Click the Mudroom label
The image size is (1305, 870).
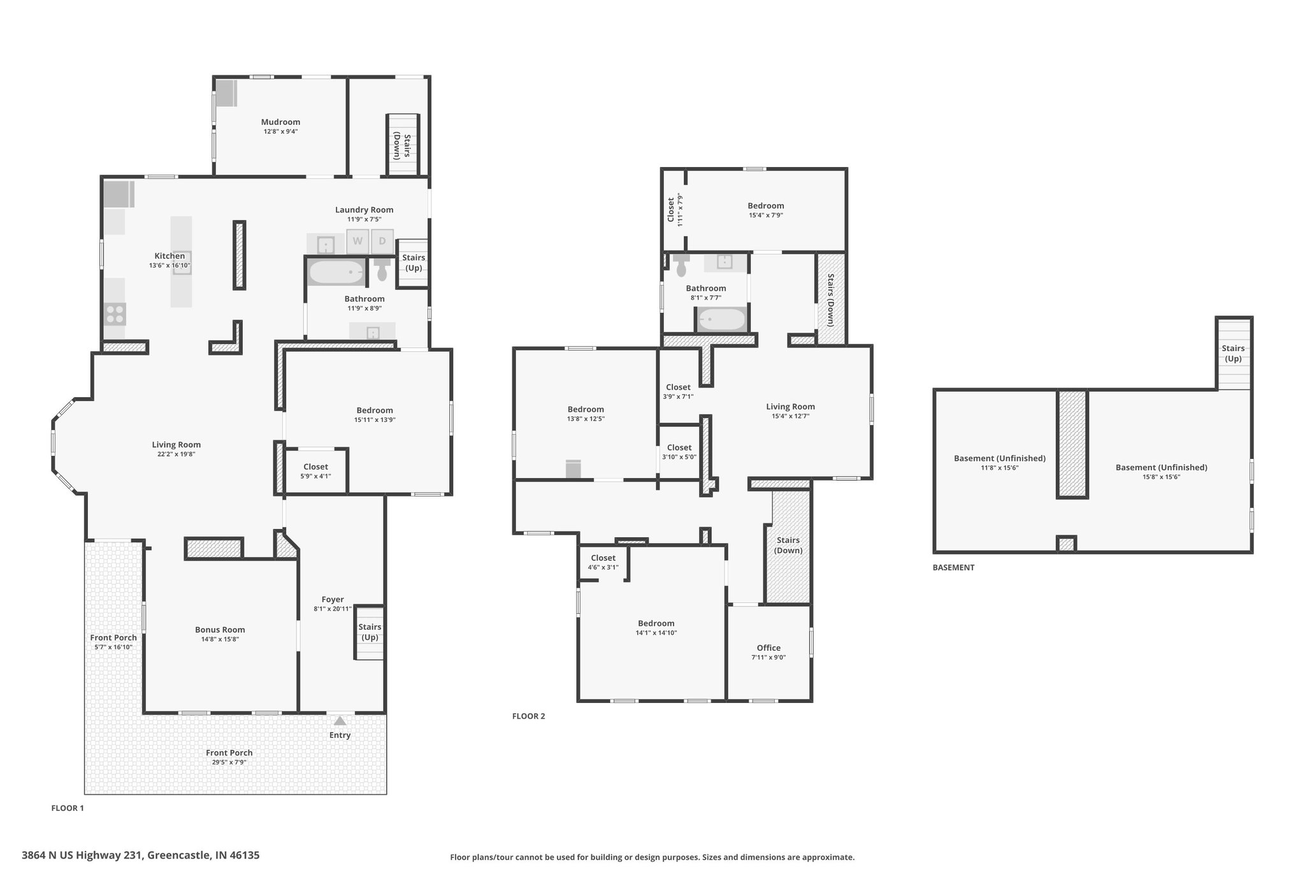(280, 122)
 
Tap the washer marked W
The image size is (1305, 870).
(357, 241)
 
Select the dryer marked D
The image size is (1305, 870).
(382, 241)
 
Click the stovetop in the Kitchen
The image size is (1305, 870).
(115, 314)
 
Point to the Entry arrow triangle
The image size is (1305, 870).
(340, 721)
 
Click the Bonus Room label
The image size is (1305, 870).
(220, 630)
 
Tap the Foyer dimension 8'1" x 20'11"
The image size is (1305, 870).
(333, 609)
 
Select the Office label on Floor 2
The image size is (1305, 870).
(768, 648)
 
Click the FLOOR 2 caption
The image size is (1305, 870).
(529, 716)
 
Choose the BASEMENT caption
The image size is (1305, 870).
(953, 567)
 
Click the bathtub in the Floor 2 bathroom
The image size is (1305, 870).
(721, 319)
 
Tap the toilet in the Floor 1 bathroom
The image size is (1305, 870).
(382, 270)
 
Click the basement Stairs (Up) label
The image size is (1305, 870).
(1233, 353)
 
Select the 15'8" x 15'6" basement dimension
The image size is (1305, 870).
(1161, 476)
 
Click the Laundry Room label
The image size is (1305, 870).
(364, 210)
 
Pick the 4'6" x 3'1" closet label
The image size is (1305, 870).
(603, 567)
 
